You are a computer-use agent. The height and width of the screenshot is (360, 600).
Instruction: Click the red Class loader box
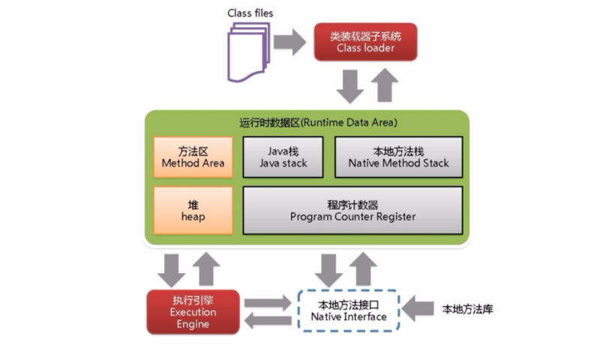coord(365,42)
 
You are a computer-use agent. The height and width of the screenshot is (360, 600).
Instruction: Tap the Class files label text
coord(250,13)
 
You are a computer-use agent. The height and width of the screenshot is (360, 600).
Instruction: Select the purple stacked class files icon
coord(249,52)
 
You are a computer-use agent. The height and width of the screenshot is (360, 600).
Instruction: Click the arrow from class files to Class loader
coord(289,42)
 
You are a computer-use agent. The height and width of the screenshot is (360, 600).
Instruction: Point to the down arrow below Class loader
coord(350,86)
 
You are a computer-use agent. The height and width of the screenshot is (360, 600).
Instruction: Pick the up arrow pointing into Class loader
coord(385,85)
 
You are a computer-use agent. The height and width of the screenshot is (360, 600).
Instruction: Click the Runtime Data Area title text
coord(318,122)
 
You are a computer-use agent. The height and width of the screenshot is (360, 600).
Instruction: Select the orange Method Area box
coord(193,157)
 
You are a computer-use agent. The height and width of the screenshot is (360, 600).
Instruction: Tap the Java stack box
coord(283,157)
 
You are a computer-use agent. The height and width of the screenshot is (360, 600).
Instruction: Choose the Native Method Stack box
coord(399,157)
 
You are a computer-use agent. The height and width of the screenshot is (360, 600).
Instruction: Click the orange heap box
coord(193,211)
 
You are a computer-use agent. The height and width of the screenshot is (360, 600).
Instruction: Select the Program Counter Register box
coord(352,211)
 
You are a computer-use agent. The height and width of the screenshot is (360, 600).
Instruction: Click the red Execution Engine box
coord(193,312)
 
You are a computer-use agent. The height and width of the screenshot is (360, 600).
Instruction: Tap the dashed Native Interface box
coord(349,310)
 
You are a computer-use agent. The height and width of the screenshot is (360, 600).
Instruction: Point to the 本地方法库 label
coord(467,309)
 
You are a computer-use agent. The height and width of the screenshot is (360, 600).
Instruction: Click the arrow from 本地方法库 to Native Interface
coord(418,308)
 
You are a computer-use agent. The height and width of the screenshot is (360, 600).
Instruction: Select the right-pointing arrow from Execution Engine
coord(268,303)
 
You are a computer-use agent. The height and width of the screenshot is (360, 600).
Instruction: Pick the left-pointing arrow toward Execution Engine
coord(268,320)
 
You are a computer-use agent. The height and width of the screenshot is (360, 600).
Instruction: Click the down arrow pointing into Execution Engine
coord(172,271)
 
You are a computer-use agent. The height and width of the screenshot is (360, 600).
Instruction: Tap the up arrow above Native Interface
coord(363,269)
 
